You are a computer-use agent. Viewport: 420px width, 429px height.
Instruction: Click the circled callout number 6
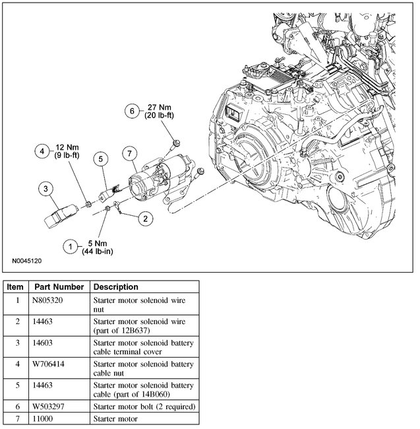click(x=132, y=111)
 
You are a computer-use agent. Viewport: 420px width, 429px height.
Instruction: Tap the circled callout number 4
click(x=41, y=151)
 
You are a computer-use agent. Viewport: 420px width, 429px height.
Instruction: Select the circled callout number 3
click(x=46, y=189)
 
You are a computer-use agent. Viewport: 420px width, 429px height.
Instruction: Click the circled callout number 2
click(x=145, y=216)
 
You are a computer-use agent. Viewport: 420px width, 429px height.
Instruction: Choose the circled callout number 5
click(x=101, y=158)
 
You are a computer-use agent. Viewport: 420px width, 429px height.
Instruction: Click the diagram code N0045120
click(x=26, y=261)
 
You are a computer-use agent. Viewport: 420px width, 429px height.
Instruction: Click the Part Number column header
click(x=59, y=287)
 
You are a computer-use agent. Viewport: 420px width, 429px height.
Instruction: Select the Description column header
click(x=116, y=287)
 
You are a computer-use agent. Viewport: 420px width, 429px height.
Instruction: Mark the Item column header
click(x=16, y=287)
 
